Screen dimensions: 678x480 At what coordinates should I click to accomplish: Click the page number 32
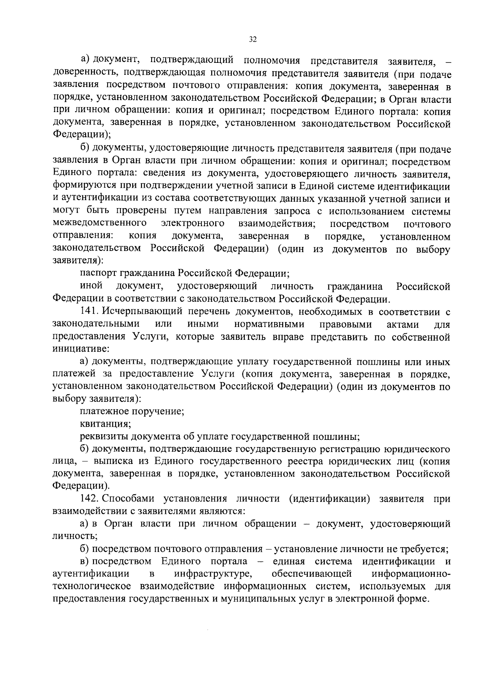252,39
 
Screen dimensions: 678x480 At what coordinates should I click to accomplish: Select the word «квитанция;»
104,423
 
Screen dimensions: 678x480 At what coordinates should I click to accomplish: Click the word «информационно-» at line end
411,574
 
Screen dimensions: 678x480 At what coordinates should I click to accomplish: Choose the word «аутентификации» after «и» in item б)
92,199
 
